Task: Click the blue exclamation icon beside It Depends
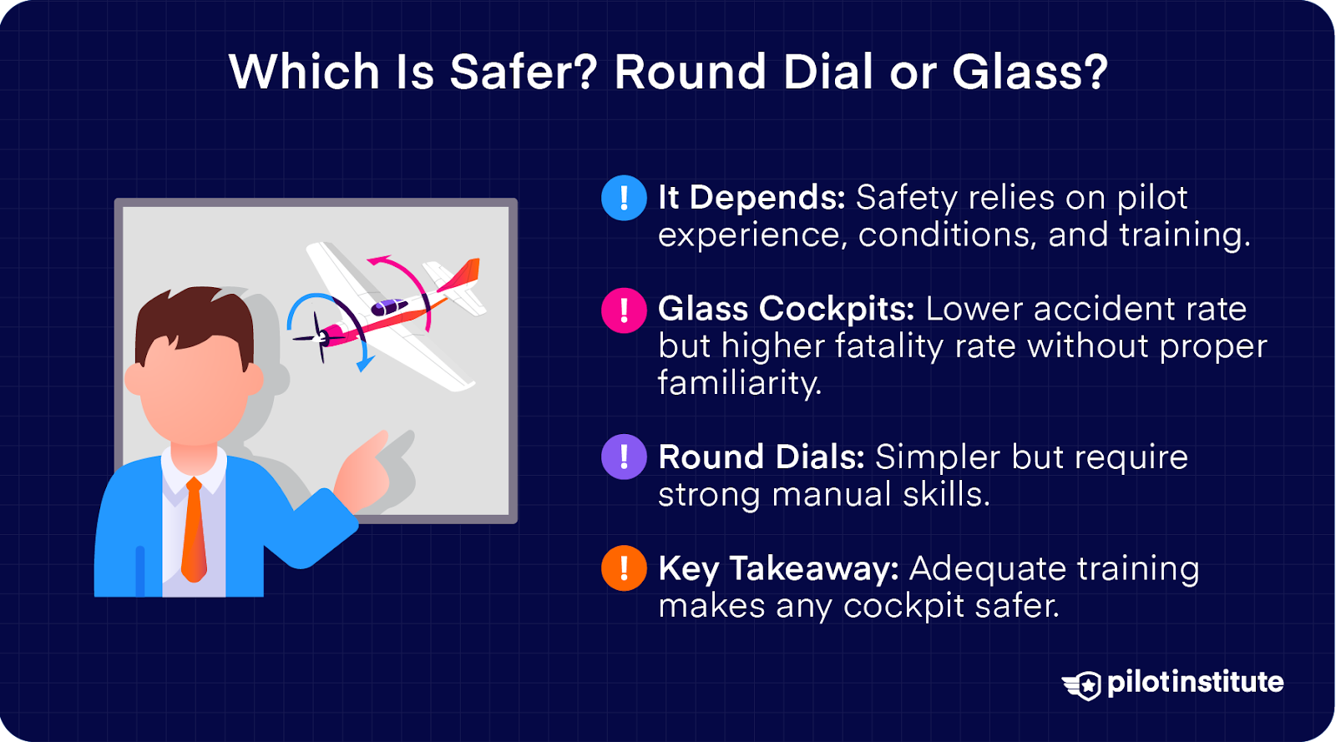pos(624,198)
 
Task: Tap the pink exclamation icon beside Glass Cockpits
pos(624,310)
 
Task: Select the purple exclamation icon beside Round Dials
pos(624,457)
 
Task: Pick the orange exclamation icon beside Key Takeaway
pos(624,568)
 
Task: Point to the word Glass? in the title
pos(1030,72)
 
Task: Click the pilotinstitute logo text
pos(1195,682)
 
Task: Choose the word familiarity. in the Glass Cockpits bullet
pos(739,383)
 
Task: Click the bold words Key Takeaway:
pos(778,568)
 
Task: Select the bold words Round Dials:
pos(761,457)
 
